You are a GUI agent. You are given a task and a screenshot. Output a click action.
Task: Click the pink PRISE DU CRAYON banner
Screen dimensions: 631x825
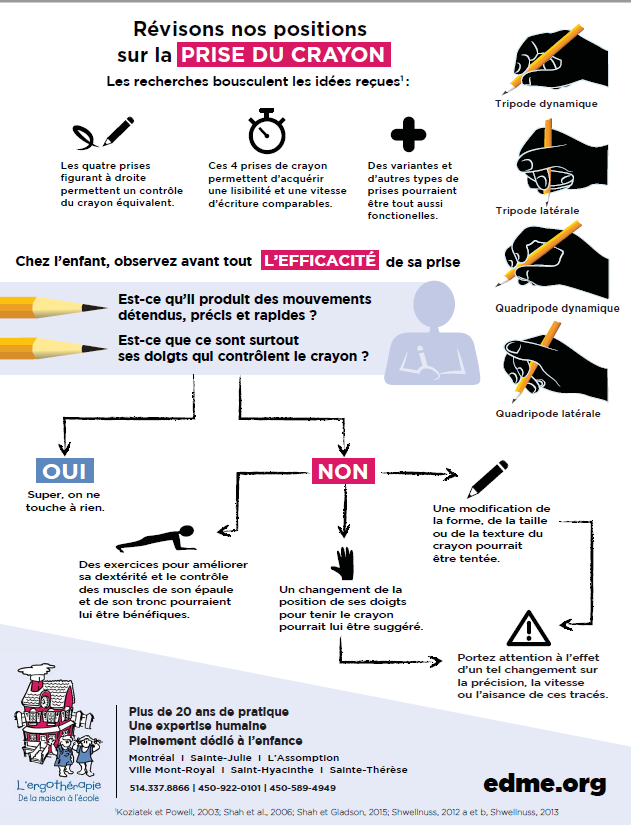click(x=284, y=55)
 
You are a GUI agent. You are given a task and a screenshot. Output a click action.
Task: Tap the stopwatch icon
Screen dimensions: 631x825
click(x=267, y=131)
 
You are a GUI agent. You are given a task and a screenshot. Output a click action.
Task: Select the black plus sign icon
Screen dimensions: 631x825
click(x=408, y=134)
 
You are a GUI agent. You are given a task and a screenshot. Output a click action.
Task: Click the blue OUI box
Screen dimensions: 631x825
click(x=65, y=470)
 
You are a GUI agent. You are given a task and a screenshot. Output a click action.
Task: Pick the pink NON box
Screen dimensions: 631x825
click(x=343, y=471)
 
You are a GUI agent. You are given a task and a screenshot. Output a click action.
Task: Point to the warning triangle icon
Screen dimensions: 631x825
click(x=529, y=628)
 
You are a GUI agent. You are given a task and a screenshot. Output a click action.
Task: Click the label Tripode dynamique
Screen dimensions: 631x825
click(x=546, y=104)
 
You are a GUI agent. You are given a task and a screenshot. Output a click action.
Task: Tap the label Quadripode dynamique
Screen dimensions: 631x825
click(x=557, y=308)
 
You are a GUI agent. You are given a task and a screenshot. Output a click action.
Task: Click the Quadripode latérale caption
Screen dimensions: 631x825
click(x=548, y=414)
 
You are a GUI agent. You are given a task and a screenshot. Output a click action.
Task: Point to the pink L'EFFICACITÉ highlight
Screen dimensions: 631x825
click(x=320, y=260)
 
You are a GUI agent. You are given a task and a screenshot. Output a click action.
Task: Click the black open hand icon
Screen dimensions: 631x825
click(x=343, y=564)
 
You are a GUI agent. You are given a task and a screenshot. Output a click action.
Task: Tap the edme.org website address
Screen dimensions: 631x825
click(x=545, y=784)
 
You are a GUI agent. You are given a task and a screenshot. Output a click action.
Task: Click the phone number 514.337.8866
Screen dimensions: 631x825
click(x=159, y=788)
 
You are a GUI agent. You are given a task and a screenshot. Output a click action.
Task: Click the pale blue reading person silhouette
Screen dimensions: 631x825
click(x=433, y=334)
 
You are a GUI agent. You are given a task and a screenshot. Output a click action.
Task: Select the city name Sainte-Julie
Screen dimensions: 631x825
click(x=221, y=758)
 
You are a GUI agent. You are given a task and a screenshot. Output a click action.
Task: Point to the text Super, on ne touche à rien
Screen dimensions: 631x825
click(x=65, y=501)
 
